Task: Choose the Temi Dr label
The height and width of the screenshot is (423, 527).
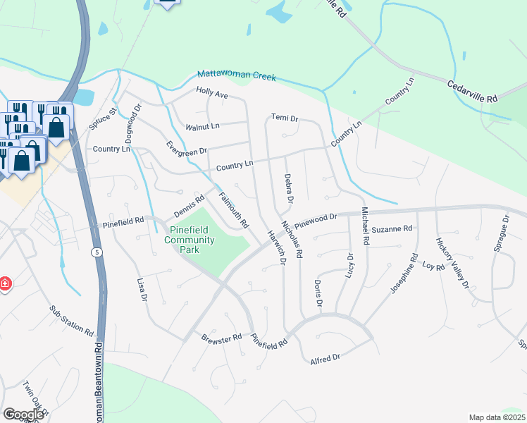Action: (x=285, y=118)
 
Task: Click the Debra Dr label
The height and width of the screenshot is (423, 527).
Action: (x=287, y=189)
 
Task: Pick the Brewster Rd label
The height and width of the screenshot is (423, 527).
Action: (x=221, y=339)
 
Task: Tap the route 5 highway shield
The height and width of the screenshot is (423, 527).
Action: (x=95, y=251)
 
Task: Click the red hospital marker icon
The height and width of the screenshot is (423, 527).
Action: (x=4, y=283)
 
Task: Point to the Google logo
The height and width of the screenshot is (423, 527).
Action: (x=23, y=415)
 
